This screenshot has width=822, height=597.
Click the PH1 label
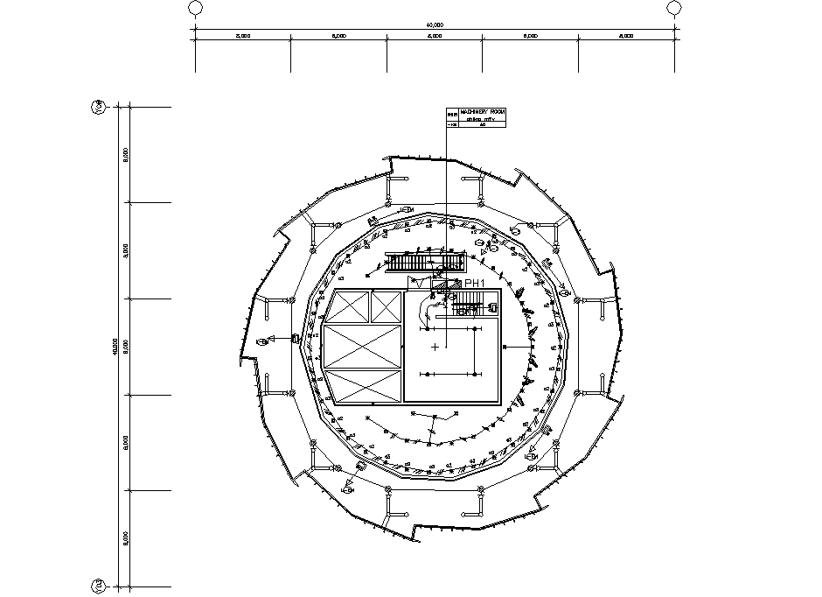coord(474,283)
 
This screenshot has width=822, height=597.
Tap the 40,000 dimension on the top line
coord(435,25)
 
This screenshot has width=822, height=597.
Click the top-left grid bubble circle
coord(195,8)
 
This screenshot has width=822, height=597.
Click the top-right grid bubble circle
coord(673,8)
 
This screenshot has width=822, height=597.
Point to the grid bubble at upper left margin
coord(98,107)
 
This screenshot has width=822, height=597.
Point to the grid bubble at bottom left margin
coord(98,585)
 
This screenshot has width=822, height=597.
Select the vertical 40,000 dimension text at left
coord(115,347)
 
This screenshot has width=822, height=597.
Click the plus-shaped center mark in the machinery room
coord(435,348)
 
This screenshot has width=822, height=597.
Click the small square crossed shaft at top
coord(385,306)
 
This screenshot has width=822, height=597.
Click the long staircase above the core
coord(423,263)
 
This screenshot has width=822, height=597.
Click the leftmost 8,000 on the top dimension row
coord(243,37)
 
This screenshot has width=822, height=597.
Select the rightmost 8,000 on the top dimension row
coord(626,37)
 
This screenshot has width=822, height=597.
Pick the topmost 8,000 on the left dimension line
coord(126,154)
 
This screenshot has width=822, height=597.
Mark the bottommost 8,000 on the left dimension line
coord(126,537)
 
